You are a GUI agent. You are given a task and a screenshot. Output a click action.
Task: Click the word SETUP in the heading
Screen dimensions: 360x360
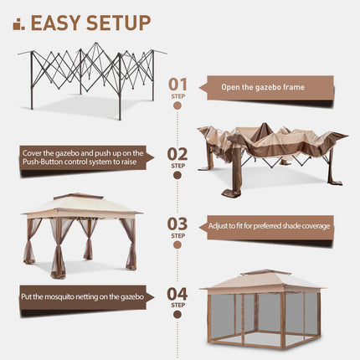pyautogui.click(x=116, y=22)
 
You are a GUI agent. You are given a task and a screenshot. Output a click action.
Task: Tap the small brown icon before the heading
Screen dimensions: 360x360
pyautogui.click(x=18, y=23)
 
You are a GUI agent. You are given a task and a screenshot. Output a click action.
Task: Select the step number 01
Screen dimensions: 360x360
pyautogui.click(x=178, y=84)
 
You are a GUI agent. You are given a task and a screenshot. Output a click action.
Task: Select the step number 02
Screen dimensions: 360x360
pyautogui.click(x=178, y=154)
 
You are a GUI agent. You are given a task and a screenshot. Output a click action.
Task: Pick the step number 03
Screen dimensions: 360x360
pyautogui.click(x=178, y=224)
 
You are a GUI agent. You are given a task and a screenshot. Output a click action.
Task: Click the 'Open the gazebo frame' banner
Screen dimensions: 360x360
pyautogui.click(x=265, y=87)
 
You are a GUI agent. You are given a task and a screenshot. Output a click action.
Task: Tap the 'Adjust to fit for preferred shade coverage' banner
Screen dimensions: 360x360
pyautogui.click(x=270, y=226)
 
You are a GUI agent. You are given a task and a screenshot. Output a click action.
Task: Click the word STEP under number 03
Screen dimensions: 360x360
pyautogui.click(x=178, y=236)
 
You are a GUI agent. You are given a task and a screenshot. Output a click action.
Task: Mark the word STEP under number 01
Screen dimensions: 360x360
pyautogui.click(x=178, y=96)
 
